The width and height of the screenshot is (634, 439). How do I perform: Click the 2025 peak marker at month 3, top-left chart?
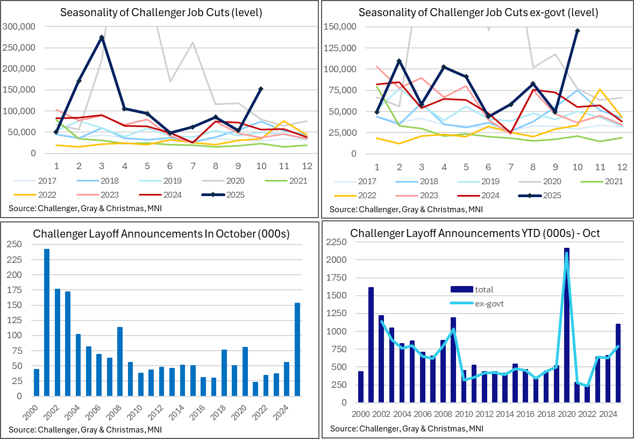pos(102,37)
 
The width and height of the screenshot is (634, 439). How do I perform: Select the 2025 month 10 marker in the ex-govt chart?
pos(577,31)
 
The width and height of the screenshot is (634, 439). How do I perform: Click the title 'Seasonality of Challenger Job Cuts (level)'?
pos(161,12)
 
